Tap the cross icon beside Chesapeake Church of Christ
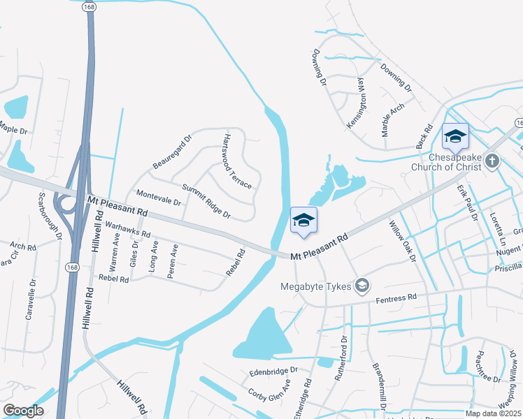pos(492,162)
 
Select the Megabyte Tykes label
pos(318,286)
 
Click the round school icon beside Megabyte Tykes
pos(362,285)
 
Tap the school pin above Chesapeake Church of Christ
pos(455,137)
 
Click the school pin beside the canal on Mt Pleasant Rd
pos(303,221)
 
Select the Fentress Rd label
pos(396,298)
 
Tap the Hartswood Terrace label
pos(236,161)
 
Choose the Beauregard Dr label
pos(172,152)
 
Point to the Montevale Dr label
pos(158,198)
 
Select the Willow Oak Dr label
pos(403,243)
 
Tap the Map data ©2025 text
pos(492,413)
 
